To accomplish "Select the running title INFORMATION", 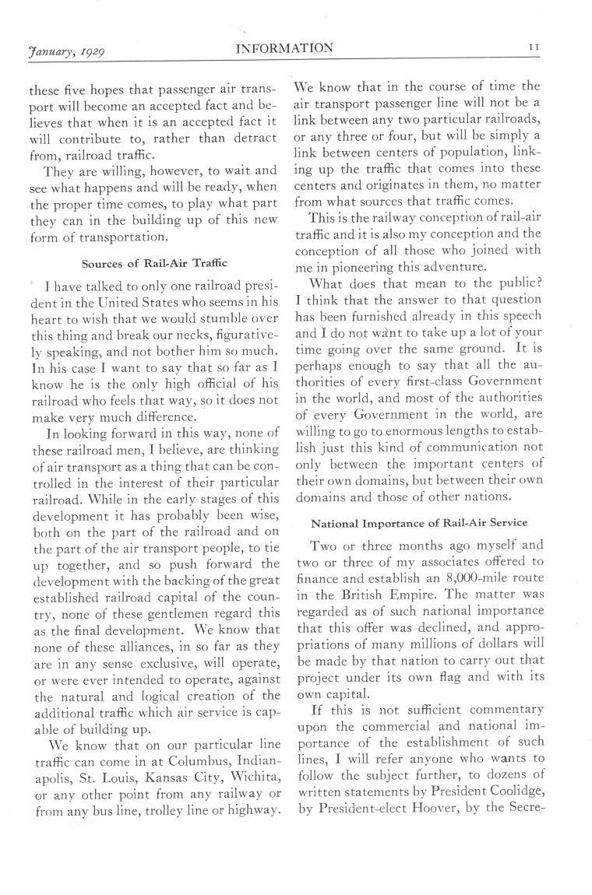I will coord(284,49).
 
